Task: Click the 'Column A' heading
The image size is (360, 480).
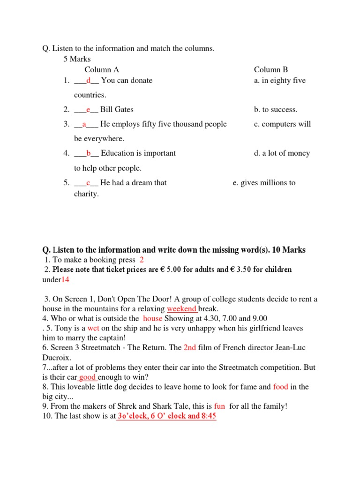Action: (102, 70)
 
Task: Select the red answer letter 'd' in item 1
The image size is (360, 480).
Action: (88, 81)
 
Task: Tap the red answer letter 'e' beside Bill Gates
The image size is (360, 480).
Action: (88, 110)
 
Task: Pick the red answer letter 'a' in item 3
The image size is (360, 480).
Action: (84, 124)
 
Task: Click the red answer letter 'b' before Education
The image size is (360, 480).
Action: (88, 153)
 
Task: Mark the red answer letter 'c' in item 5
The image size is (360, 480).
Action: (88, 183)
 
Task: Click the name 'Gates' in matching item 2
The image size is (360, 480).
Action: (124, 110)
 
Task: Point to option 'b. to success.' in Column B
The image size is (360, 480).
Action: (276, 110)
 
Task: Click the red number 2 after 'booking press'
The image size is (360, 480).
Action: (142, 260)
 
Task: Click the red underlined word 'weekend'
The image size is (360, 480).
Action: (182, 309)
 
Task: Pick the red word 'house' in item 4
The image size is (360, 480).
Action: (153, 319)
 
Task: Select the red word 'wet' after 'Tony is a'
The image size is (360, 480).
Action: (93, 329)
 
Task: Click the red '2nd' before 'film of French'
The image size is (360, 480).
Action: (189, 348)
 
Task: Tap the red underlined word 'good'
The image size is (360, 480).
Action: (88, 377)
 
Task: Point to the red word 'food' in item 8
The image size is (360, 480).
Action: (280, 387)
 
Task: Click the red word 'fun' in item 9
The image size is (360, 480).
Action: (219, 406)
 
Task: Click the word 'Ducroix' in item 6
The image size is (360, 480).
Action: (57, 358)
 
